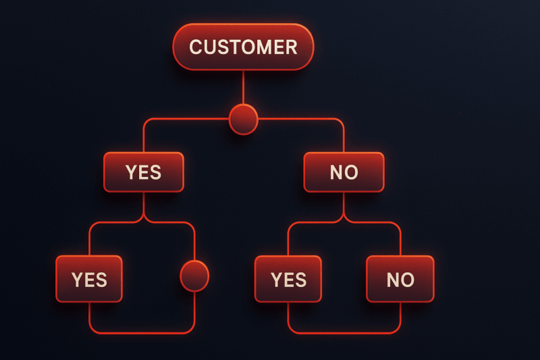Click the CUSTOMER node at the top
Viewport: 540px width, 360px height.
click(243, 47)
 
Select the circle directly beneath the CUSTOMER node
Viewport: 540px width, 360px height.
click(243, 119)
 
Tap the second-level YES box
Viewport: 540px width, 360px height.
click(144, 172)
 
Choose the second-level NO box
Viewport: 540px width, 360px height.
click(344, 172)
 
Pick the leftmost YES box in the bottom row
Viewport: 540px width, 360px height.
click(89, 279)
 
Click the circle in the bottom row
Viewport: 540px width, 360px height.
click(194, 276)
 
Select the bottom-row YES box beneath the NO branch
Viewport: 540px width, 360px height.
click(288, 279)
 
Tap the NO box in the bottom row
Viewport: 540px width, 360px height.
click(400, 279)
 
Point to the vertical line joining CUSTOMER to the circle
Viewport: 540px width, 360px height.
click(243, 88)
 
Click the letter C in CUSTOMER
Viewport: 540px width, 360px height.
click(195, 47)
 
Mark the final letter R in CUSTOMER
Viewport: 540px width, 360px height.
click(292, 47)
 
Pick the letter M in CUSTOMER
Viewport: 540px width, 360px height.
click(265, 47)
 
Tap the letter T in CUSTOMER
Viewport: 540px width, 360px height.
click(234, 47)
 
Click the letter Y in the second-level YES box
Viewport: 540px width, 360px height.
click(131, 172)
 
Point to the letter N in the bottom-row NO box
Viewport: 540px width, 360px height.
click(393, 280)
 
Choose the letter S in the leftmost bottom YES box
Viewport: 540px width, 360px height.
click(101, 280)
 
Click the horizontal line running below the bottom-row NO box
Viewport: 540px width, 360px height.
click(344, 333)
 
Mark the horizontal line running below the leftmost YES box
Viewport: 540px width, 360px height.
click(142, 333)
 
